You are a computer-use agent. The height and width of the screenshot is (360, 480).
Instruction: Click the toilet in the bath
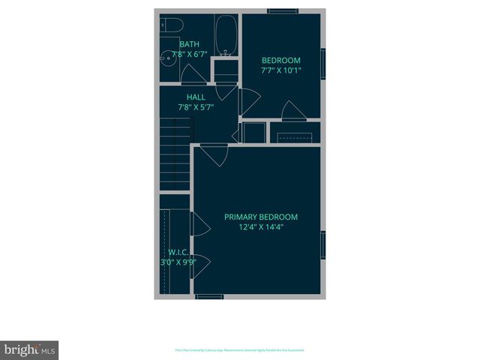169,25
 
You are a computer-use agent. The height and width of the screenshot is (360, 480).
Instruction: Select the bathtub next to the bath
226,34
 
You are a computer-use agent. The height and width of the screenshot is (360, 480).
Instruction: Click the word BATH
189,45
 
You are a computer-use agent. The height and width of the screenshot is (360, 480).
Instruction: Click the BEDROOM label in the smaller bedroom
280,61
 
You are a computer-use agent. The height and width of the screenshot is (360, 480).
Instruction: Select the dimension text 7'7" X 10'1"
280,70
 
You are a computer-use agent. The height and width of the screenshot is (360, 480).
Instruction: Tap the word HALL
196,97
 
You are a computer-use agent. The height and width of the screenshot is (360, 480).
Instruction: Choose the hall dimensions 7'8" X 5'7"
196,107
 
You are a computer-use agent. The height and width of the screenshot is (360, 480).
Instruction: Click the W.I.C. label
178,253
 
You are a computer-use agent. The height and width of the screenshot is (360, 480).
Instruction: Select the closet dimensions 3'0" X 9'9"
178,262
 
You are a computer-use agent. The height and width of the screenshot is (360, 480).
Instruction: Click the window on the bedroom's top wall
280,10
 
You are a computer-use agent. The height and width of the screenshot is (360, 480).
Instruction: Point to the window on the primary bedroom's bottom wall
209,297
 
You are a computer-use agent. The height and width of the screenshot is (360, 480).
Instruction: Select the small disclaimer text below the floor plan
239,350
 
